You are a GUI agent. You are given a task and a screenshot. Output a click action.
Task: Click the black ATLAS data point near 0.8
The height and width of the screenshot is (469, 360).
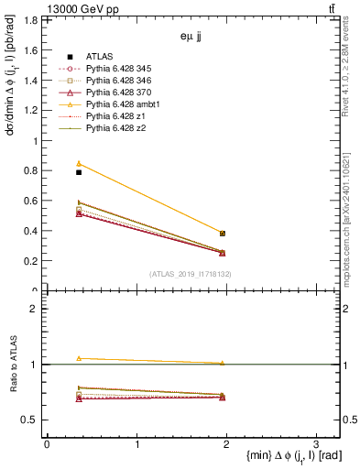(79, 172)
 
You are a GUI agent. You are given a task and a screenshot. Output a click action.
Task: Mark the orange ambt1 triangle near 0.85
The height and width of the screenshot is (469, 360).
(79, 163)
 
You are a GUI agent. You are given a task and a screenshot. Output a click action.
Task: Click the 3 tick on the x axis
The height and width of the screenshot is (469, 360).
(315, 443)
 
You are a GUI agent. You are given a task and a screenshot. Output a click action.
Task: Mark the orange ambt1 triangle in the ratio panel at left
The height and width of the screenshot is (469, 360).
(79, 358)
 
